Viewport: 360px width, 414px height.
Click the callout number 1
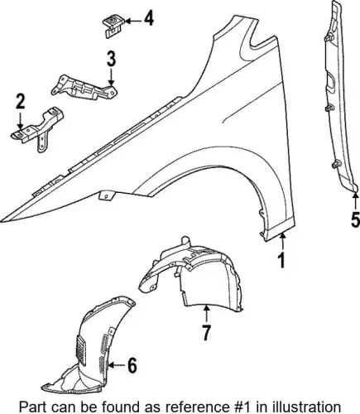click(x=281, y=261)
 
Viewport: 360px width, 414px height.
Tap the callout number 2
click(x=21, y=101)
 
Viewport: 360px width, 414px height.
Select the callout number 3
click(x=111, y=59)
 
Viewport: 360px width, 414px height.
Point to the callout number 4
click(x=149, y=18)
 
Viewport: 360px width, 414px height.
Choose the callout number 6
click(x=132, y=365)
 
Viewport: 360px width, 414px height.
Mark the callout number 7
click(x=206, y=332)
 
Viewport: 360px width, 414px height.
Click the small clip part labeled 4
click(x=113, y=26)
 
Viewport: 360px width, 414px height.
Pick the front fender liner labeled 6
click(x=91, y=345)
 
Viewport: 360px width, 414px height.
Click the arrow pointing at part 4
click(x=132, y=21)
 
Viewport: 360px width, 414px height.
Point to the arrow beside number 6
click(x=117, y=365)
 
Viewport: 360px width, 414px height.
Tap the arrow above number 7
click(x=207, y=314)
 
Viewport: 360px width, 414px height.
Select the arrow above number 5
click(x=355, y=201)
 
